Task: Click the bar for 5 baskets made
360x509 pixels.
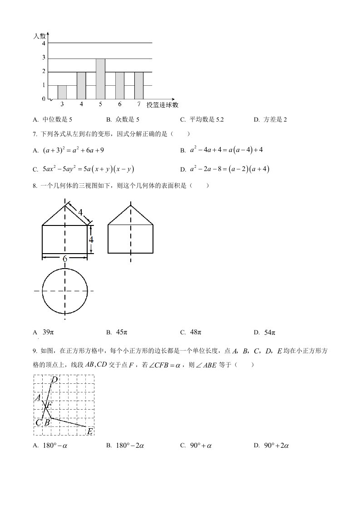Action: pos(100,78)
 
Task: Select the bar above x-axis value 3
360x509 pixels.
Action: pos(62,92)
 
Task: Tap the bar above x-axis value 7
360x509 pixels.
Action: pos(139,85)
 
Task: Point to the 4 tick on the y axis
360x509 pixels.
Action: pos(44,44)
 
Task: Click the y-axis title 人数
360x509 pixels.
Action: pos(40,35)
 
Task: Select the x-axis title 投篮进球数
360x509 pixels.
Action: pos(163,105)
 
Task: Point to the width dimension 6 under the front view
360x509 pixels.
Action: pos(65,258)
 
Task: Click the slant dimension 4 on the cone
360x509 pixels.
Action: pos(80,212)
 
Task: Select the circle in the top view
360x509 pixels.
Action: pos(65,290)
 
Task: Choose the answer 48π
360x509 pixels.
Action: pos(195,332)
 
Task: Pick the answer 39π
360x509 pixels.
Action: pos(47,332)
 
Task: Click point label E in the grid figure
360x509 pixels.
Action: pos(90,431)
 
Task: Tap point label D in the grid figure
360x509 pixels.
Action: pos(54,379)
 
